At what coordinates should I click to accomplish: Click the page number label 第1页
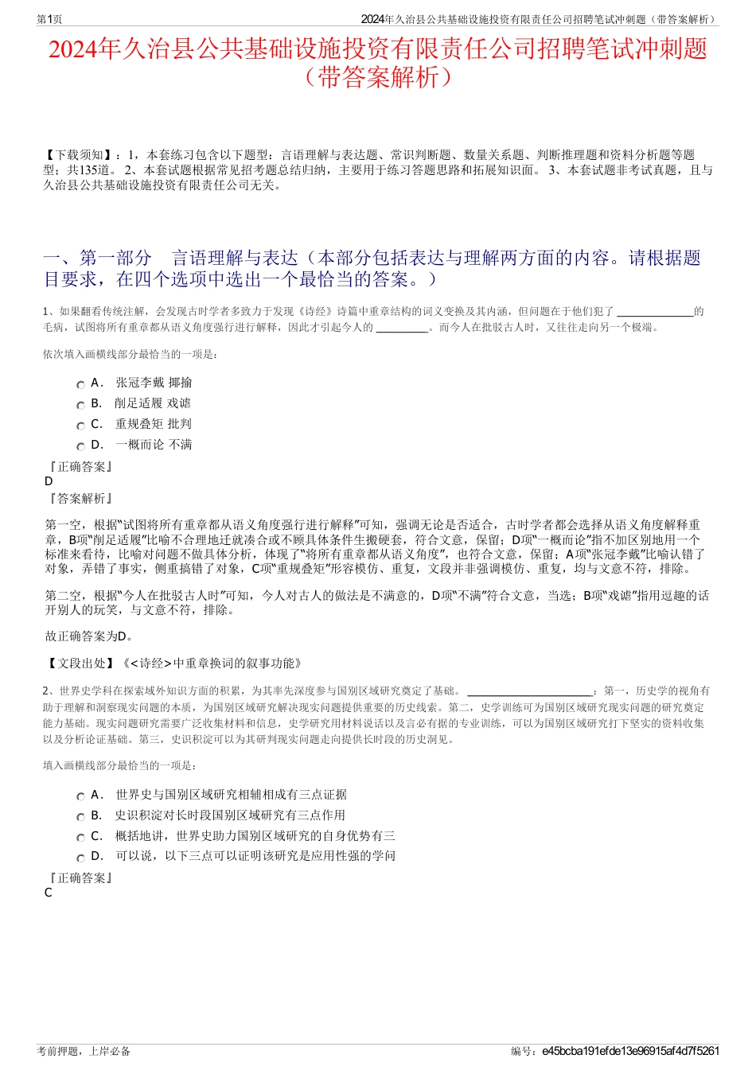pyautogui.click(x=50, y=19)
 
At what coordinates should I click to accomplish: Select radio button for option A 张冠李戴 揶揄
pyautogui.click(x=80, y=384)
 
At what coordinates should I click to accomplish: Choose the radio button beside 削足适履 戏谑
pyautogui.click(x=80, y=405)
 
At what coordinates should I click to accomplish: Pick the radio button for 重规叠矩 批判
pyautogui.click(x=80, y=426)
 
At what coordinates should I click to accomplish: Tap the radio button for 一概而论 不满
pyautogui.click(x=80, y=446)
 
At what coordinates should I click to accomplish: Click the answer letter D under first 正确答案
pyautogui.click(x=49, y=481)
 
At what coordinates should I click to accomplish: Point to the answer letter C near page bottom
pyautogui.click(x=49, y=893)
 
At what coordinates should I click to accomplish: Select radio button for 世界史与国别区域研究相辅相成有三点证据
pyautogui.click(x=80, y=796)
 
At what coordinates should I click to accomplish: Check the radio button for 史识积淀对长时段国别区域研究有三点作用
pyautogui.click(x=80, y=817)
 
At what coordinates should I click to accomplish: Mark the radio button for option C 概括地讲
pyautogui.click(x=80, y=838)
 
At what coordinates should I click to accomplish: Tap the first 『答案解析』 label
pyautogui.click(x=80, y=499)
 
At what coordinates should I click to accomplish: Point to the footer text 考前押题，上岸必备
pyautogui.click(x=84, y=1051)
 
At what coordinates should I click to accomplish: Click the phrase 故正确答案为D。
pyautogui.click(x=90, y=636)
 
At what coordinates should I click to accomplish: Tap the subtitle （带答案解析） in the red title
pyautogui.click(x=378, y=77)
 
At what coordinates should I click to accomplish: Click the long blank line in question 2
pyautogui.click(x=530, y=692)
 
